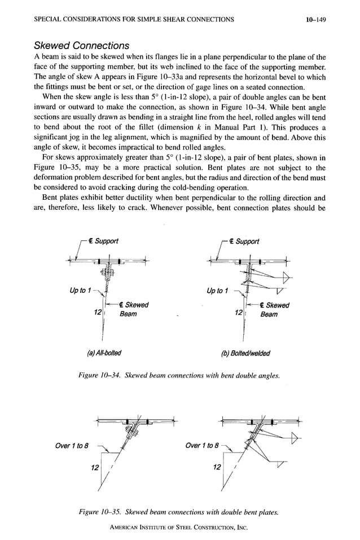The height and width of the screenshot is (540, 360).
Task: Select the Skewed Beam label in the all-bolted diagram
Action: tap(133, 309)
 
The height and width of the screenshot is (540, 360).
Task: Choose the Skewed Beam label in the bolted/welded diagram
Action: tap(275, 309)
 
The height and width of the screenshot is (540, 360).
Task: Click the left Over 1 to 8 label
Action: tap(72, 445)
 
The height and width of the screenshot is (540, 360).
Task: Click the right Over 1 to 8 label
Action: tap(204, 445)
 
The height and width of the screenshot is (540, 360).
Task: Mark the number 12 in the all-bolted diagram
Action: tap(98, 313)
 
